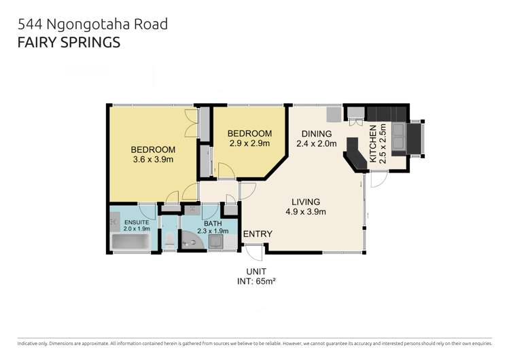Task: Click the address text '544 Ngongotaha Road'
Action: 93,24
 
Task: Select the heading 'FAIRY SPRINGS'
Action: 69,42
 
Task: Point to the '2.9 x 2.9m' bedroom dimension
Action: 249,143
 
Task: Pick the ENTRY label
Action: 258,234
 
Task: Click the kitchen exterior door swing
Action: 379,179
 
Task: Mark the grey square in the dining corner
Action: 333,113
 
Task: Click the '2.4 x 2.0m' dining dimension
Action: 317,143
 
